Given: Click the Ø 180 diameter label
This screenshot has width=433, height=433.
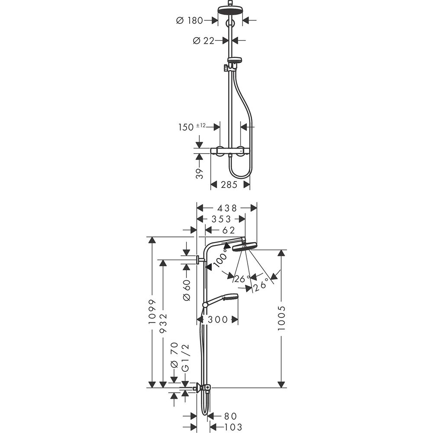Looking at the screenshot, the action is tap(190, 20).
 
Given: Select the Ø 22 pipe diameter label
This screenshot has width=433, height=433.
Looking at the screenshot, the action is tap(204, 41).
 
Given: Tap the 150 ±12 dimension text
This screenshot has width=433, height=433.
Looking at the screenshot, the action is tap(192, 127).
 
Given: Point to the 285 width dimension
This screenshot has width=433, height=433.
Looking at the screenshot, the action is tap(229, 185).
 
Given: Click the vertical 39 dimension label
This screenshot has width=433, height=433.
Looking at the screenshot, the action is tap(199, 174).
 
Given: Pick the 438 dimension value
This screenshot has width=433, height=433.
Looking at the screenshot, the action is tap(227, 208).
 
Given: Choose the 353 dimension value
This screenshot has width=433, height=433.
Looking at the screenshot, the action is tap(221, 219).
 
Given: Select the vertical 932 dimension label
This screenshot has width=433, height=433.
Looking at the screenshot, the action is tap(163, 323).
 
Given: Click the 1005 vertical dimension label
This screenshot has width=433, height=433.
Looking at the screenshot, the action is tap(281, 318).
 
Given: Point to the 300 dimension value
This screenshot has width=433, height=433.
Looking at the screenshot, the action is tap(218, 320).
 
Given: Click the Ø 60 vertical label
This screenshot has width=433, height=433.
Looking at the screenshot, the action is tap(187, 290).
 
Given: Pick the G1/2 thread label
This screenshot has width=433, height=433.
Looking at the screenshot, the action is tap(186, 358).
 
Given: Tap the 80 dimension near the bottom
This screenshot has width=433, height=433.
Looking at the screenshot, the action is tap(230, 416).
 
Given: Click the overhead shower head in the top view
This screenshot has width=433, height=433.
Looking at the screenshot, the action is tap(230, 10).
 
